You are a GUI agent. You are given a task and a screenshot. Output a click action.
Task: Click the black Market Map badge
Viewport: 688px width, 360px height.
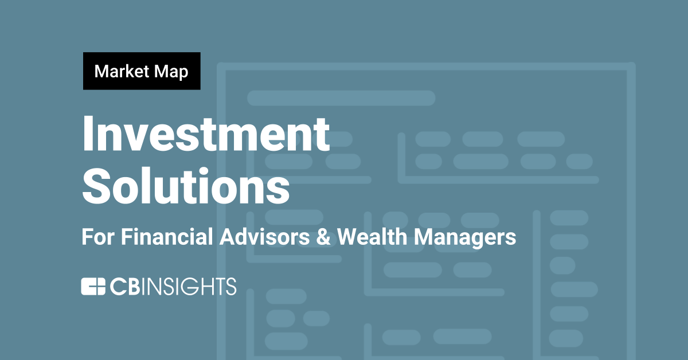[142, 71]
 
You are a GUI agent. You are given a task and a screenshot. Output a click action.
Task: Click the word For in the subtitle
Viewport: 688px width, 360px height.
[96, 237]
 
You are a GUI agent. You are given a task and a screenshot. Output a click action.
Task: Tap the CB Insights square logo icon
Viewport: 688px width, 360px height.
[92, 286]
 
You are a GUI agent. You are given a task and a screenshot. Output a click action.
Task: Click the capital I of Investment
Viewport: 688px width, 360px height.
[89, 134]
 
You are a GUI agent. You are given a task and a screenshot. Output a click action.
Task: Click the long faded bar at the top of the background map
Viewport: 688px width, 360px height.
[341, 98]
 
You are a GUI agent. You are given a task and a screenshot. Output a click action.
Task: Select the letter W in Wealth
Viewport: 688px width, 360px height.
[346, 237]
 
